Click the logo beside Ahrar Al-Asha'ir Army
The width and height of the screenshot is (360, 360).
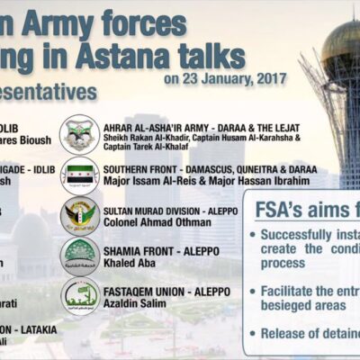click(79, 133)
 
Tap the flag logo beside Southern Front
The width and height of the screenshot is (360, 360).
click(79, 175)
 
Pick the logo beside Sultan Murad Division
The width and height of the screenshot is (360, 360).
click(79, 216)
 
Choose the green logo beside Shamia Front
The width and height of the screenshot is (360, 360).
click(79, 256)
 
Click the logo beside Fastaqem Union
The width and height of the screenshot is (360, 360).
click(79, 297)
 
